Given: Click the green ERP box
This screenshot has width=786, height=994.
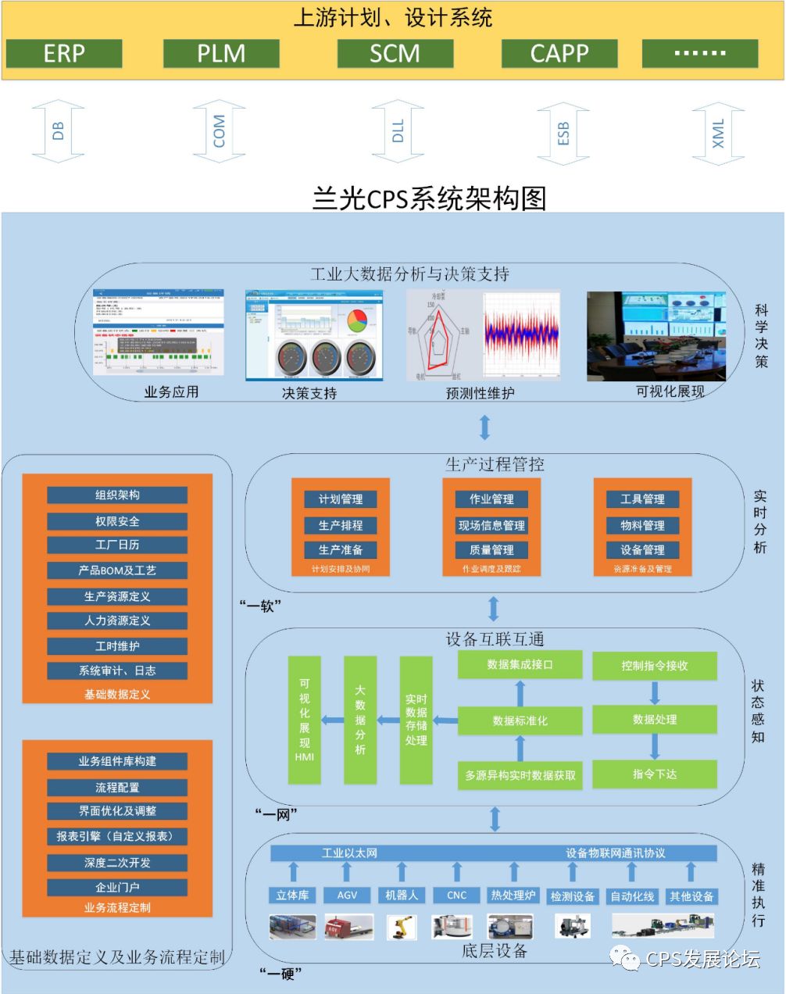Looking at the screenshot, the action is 64,54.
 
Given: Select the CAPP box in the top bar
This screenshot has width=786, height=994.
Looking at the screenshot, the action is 559,54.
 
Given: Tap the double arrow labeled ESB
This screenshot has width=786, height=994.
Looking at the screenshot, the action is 563,133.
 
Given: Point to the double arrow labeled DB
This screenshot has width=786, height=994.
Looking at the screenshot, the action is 59,131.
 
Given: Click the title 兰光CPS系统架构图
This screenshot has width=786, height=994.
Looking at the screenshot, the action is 429,198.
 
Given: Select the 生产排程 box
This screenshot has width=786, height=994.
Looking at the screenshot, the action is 340,525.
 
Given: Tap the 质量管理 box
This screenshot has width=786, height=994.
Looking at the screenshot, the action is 491,549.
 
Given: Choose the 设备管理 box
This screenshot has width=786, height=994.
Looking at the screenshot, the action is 642,549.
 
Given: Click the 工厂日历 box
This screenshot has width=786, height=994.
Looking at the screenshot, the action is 117,545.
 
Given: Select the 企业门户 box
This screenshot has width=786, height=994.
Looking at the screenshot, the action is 117,887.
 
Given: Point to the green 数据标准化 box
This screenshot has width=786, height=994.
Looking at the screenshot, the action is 520,720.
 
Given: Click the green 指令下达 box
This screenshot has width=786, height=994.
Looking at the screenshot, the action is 654,774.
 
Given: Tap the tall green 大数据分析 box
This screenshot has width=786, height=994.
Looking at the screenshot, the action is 360,720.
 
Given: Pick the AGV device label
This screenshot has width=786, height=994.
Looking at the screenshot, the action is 347,896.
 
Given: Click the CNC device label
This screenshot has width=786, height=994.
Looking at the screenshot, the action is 457,896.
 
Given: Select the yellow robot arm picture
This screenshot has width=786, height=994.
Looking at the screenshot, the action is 402,927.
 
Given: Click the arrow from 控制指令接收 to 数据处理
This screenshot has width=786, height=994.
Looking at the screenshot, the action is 655,693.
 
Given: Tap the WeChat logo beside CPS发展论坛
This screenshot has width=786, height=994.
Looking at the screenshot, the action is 626,959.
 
